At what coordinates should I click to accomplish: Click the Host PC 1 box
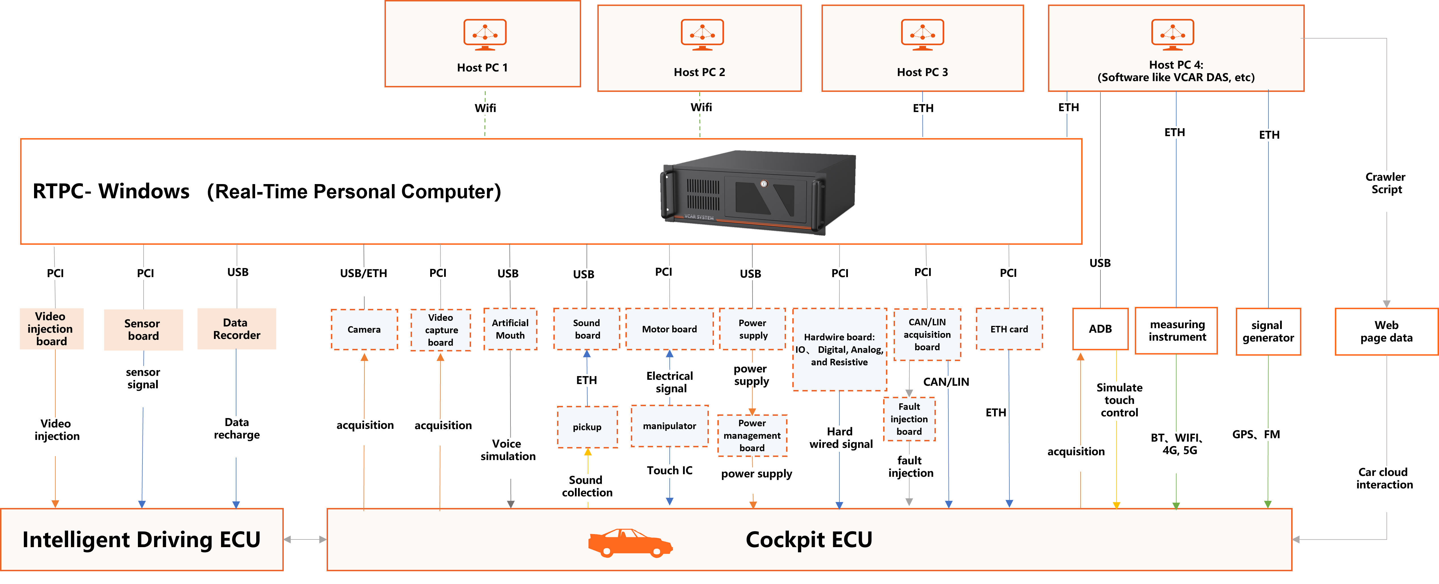tap(483, 44)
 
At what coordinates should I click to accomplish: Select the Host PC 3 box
tap(922, 48)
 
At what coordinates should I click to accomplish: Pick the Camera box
tap(364, 329)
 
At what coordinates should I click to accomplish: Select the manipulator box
tap(669, 426)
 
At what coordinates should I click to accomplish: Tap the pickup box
tap(587, 427)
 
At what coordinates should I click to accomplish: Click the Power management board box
tap(752, 435)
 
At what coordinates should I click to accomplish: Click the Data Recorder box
tap(236, 329)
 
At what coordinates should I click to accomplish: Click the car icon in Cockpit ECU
tap(630, 543)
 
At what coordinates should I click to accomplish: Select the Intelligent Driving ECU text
tap(141, 540)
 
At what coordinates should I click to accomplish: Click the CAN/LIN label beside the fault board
tap(946, 382)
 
